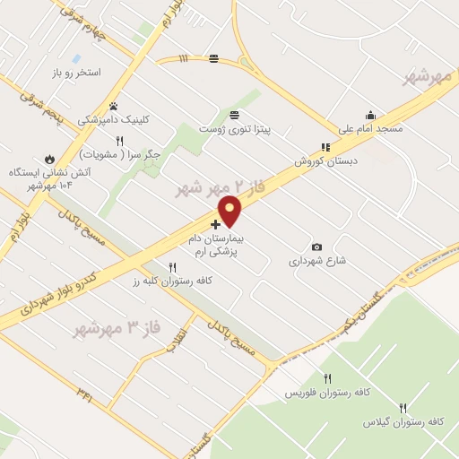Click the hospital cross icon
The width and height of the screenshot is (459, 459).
(215, 223)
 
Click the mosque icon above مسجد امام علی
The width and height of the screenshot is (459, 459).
(370, 115)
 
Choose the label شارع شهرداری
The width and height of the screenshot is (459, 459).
(316, 263)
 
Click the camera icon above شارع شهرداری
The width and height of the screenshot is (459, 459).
(316, 247)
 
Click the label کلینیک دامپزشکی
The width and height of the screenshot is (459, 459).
(114, 118)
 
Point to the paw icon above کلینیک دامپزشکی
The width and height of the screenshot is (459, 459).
(114, 105)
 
